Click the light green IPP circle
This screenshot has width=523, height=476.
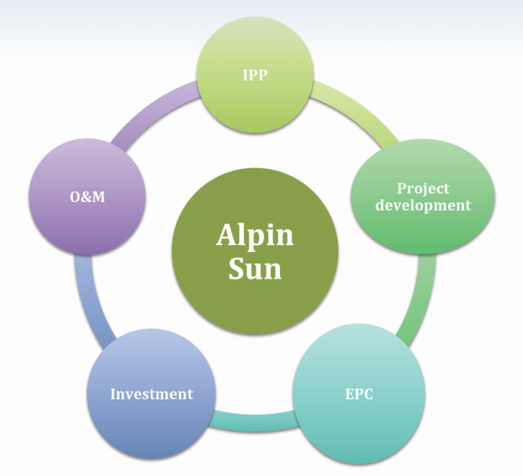point(255,75)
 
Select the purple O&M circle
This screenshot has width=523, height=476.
point(87,197)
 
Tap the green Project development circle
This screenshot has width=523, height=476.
point(423,197)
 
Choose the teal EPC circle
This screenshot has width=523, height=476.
point(359,394)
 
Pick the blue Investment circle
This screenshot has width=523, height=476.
point(151,394)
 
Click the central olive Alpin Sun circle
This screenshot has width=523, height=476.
point(255,251)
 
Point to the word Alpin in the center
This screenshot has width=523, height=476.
point(255,235)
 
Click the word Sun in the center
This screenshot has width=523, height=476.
point(255,269)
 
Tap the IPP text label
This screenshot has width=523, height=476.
point(255,75)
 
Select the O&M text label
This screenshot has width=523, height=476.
point(87,197)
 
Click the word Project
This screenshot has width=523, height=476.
point(423,189)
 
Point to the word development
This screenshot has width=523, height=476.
point(423,204)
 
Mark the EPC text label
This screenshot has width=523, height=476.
point(359,394)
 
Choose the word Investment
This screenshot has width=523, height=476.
point(151,394)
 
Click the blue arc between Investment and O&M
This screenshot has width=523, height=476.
point(89,301)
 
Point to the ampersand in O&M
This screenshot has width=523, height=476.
point(86,197)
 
